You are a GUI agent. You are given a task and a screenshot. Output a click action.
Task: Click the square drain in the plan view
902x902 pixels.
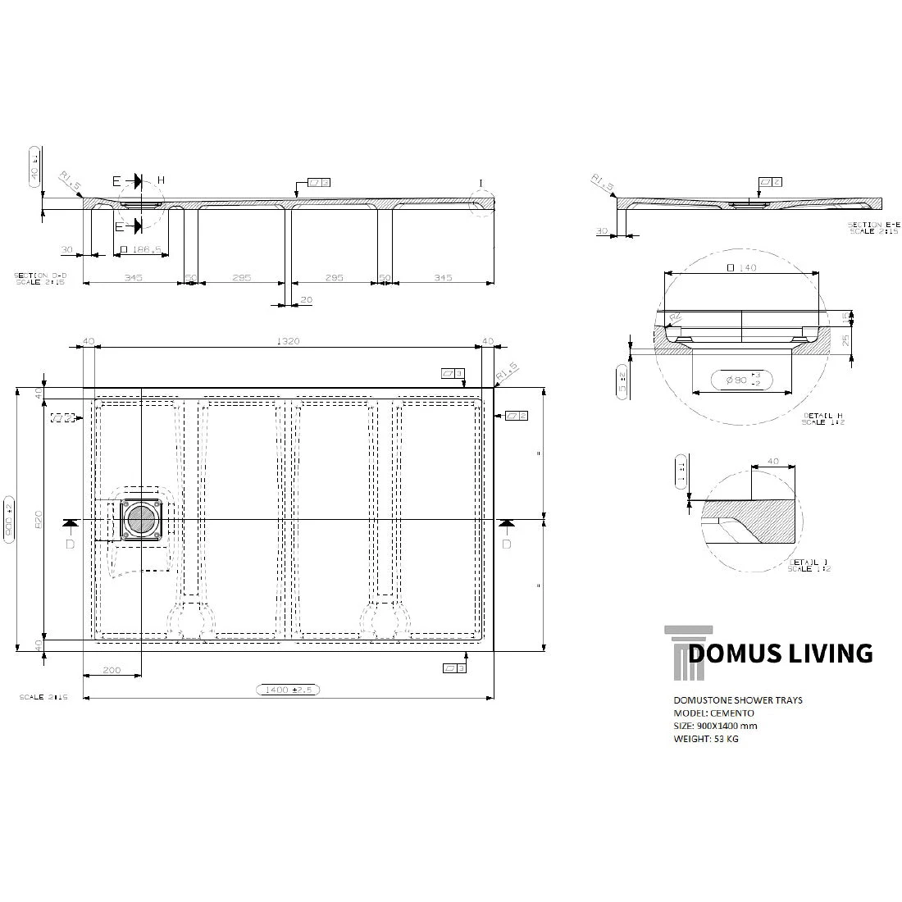[144, 520]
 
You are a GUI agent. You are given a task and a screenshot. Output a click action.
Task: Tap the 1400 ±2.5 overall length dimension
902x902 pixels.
[286, 690]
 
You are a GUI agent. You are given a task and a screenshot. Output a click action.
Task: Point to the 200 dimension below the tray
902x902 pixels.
[112, 670]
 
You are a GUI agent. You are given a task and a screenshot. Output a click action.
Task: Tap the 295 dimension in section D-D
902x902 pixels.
[334, 278]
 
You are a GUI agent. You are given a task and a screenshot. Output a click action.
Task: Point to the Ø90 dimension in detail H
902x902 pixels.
[742, 379]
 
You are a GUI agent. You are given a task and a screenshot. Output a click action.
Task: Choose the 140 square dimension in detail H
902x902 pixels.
[742, 267]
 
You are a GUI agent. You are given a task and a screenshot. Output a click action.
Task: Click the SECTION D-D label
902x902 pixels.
[39, 279]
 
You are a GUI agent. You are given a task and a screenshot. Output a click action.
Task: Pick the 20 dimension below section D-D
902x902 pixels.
[306, 300]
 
